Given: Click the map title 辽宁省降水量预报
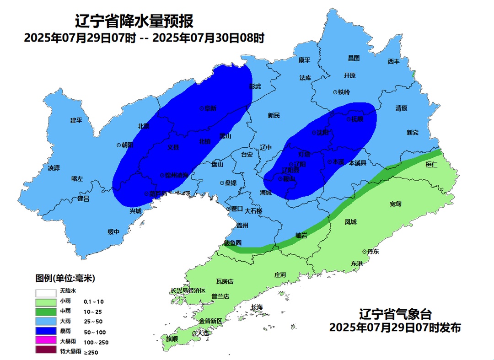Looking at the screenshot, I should click(x=134, y=21).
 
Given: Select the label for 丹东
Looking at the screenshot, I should click(x=373, y=252).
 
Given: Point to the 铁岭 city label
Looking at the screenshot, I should click(x=344, y=92).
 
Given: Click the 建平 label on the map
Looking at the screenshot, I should click(x=76, y=120).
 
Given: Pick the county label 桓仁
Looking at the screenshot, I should click(x=431, y=164).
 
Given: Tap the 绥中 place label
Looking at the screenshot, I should click(x=113, y=232).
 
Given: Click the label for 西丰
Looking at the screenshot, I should click(x=393, y=61).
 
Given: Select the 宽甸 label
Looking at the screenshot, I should click(x=396, y=204).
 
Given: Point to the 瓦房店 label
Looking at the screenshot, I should click(x=225, y=281).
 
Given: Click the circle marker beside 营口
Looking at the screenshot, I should click(x=228, y=209).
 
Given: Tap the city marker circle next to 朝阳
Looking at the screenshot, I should click(x=118, y=145).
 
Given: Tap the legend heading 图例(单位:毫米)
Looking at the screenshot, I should click(x=65, y=278).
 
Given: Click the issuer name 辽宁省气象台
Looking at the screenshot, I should click(x=395, y=315).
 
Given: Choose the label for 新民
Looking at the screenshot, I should click(x=274, y=115).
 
